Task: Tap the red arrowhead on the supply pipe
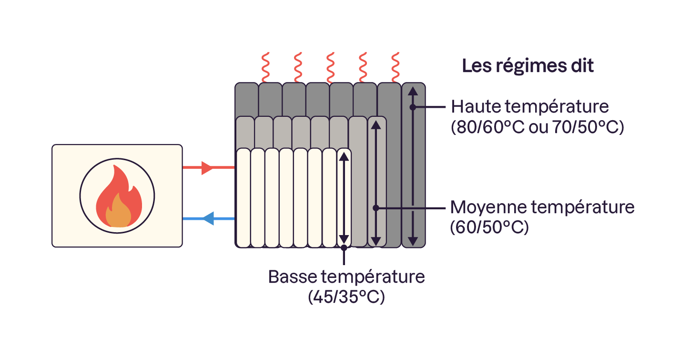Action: (207, 168)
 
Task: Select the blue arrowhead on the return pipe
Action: (208, 218)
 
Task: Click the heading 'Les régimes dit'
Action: (528, 66)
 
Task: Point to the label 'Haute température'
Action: (530, 106)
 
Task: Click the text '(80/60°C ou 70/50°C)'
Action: (537, 127)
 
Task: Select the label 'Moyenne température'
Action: (542, 207)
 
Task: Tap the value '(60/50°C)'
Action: (489, 227)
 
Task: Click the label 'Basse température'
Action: (346, 277)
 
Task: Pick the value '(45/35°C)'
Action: (346, 297)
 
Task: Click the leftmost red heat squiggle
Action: (265, 67)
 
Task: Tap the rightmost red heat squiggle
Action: (395, 67)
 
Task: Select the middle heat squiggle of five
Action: (330, 67)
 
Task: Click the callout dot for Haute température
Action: (413, 107)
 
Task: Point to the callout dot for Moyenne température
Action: (376, 208)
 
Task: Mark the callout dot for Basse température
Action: (344, 247)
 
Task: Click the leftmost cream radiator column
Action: (244, 198)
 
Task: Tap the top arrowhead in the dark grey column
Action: (413, 92)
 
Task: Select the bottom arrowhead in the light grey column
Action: (376, 241)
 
